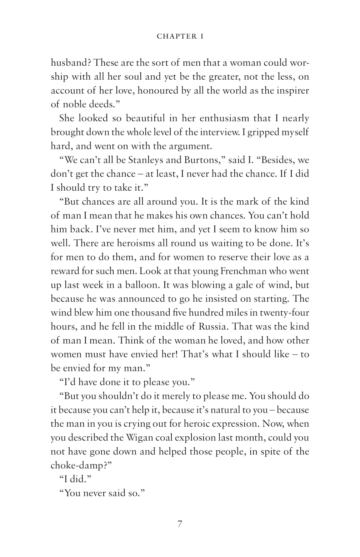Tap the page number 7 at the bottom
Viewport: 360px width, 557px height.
180,524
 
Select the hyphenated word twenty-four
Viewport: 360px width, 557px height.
284,313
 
